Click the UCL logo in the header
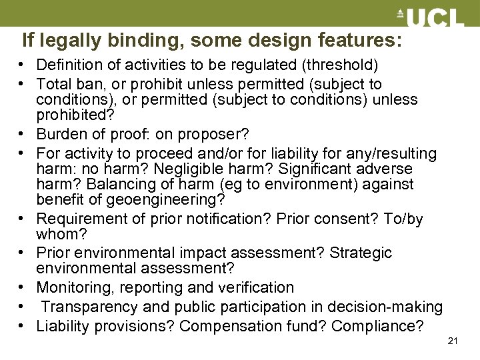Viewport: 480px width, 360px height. (x=430, y=18)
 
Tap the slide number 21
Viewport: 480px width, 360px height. (x=453, y=341)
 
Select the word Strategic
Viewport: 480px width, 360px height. (x=361, y=253)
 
